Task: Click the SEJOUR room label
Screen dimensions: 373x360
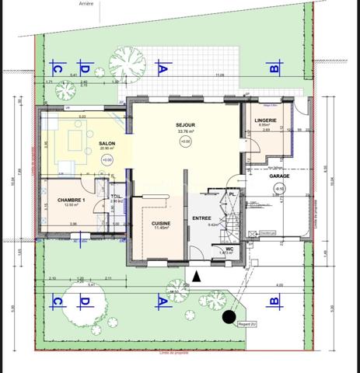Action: point(184,125)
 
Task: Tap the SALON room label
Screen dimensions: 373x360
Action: point(107,143)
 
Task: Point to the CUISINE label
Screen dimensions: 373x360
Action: point(151,223)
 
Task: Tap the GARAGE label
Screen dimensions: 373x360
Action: point(280,176)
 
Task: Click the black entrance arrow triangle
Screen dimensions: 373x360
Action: point(197,276)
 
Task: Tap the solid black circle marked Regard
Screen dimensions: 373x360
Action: point(229,316)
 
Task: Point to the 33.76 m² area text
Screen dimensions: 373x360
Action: point(184,132)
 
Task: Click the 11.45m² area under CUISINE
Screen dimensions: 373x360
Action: point(151,229)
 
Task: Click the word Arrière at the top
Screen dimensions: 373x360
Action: point(86,4)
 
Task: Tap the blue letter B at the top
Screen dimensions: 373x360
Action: point(274,68)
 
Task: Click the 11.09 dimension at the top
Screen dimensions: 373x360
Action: point(220,75)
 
